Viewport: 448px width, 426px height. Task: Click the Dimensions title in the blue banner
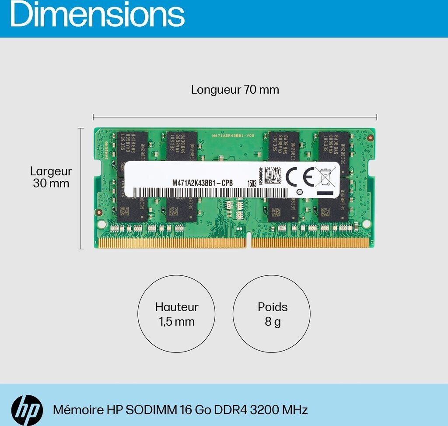point(97,14)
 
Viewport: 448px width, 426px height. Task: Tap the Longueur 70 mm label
point(235,90)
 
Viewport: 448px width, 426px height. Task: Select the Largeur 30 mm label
point(51,177)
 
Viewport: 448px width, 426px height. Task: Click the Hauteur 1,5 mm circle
point(176,314)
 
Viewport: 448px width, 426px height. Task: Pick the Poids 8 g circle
point(271,314)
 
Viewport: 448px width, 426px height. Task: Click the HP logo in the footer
point(27,410)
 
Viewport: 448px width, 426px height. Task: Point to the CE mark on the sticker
point(300,177)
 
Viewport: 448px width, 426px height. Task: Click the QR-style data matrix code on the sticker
point(273,175)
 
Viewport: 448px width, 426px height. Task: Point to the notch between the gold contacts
point(249,242)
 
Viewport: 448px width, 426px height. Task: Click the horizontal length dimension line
point(235,117)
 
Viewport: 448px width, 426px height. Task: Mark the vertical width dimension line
point(80,188)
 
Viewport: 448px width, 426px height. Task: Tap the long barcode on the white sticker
point(210,193)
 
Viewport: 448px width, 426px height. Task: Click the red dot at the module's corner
point(370,138)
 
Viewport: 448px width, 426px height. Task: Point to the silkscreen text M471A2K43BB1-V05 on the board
point(233,136)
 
